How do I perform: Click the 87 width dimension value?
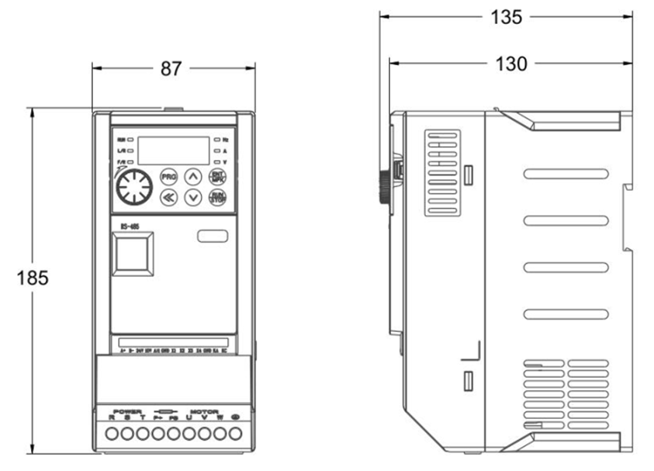(171, 68)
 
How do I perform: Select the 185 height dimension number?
(32, 277)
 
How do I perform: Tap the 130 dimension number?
(510, 64)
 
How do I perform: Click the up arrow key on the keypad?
(193, 175)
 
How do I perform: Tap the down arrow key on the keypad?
(193, 197)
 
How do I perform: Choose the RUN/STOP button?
(218, 197)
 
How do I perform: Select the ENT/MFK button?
(218, 175)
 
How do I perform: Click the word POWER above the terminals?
(127, 411)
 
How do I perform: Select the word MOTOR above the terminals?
(205, 411)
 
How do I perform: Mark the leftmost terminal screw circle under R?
(112, 433)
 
